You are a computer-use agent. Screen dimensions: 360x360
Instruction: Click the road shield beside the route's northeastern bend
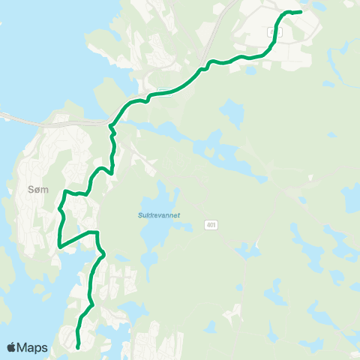tap(271, 30)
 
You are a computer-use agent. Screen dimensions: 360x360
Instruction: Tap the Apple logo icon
tap(12, 347)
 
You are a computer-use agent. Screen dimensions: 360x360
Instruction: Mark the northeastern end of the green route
tap(300, 12)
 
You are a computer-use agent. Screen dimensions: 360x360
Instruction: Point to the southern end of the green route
tap(79, 346)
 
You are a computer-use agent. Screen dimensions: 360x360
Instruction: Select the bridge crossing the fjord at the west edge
tap(15, 117)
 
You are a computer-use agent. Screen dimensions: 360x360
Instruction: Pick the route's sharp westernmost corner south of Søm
tap(59, 244)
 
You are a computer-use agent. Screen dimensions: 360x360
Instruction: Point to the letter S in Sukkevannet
tap(140, 215)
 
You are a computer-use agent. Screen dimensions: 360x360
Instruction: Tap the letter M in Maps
tap(24, 347)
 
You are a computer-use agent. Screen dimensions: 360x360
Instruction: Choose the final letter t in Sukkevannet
tap(179, 215)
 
